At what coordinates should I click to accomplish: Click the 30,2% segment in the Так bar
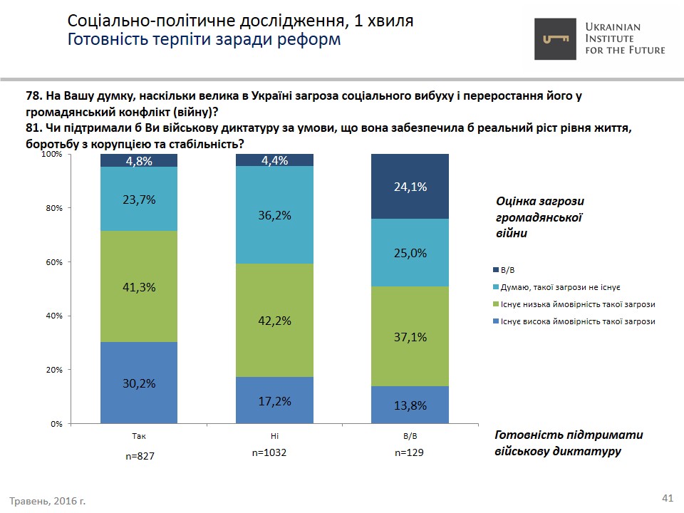click(139, 383)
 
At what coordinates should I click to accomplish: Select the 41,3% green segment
click(139, 286)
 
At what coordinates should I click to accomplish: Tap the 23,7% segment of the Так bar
click(139, 199)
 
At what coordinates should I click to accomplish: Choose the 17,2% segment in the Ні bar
click(274, 400)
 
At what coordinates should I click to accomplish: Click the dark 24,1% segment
click(410, 187)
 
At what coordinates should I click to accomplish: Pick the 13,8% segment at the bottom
click(410, 405)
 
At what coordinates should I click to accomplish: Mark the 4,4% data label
click(274, 161)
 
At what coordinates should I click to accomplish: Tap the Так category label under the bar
click(139, 434)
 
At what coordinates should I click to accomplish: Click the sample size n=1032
click(269, 452)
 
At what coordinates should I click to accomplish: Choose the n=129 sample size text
click(410, 452)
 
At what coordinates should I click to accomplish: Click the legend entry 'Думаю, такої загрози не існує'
click(560, 287)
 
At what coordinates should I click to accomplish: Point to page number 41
click(668, 497)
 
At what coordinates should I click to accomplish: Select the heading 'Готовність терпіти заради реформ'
click(204, 39)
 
